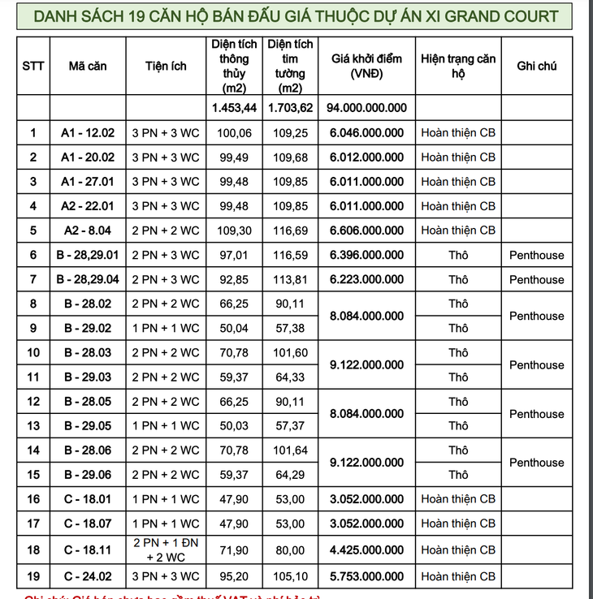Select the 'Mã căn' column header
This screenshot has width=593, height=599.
(x=88, y=66)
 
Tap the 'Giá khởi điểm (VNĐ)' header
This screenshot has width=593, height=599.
(x=366, y=66)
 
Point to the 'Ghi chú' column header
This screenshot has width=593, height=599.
(x=536, y=66)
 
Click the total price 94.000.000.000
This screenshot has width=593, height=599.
(x=366, y=107)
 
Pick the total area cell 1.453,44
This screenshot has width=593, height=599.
(x=234, y=107)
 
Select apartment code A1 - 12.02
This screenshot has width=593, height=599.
(x=88, y=133)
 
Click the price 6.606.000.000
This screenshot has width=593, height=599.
(x=366, y=231)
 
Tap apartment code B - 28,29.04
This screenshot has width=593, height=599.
(x=88, y=279)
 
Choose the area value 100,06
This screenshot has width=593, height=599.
(x=234, y=133)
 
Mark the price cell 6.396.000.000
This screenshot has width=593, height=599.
(x=366, y=255)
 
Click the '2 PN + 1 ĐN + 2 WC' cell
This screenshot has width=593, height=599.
(x=167, y=550)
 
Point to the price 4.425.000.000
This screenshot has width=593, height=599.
(x=366, y=550)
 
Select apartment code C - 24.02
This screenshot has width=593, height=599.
(x=88, y=577)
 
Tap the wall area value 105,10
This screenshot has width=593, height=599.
(x=291, y=577)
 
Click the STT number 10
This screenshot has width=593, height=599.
(x=33, y=352)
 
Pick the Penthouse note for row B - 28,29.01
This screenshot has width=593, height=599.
(x=536, y=255)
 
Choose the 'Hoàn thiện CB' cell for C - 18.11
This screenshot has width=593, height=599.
(x=458, y=550)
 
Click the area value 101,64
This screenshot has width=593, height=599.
(x=291, y=450)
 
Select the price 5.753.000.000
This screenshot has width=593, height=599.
(x=366, y=577)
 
